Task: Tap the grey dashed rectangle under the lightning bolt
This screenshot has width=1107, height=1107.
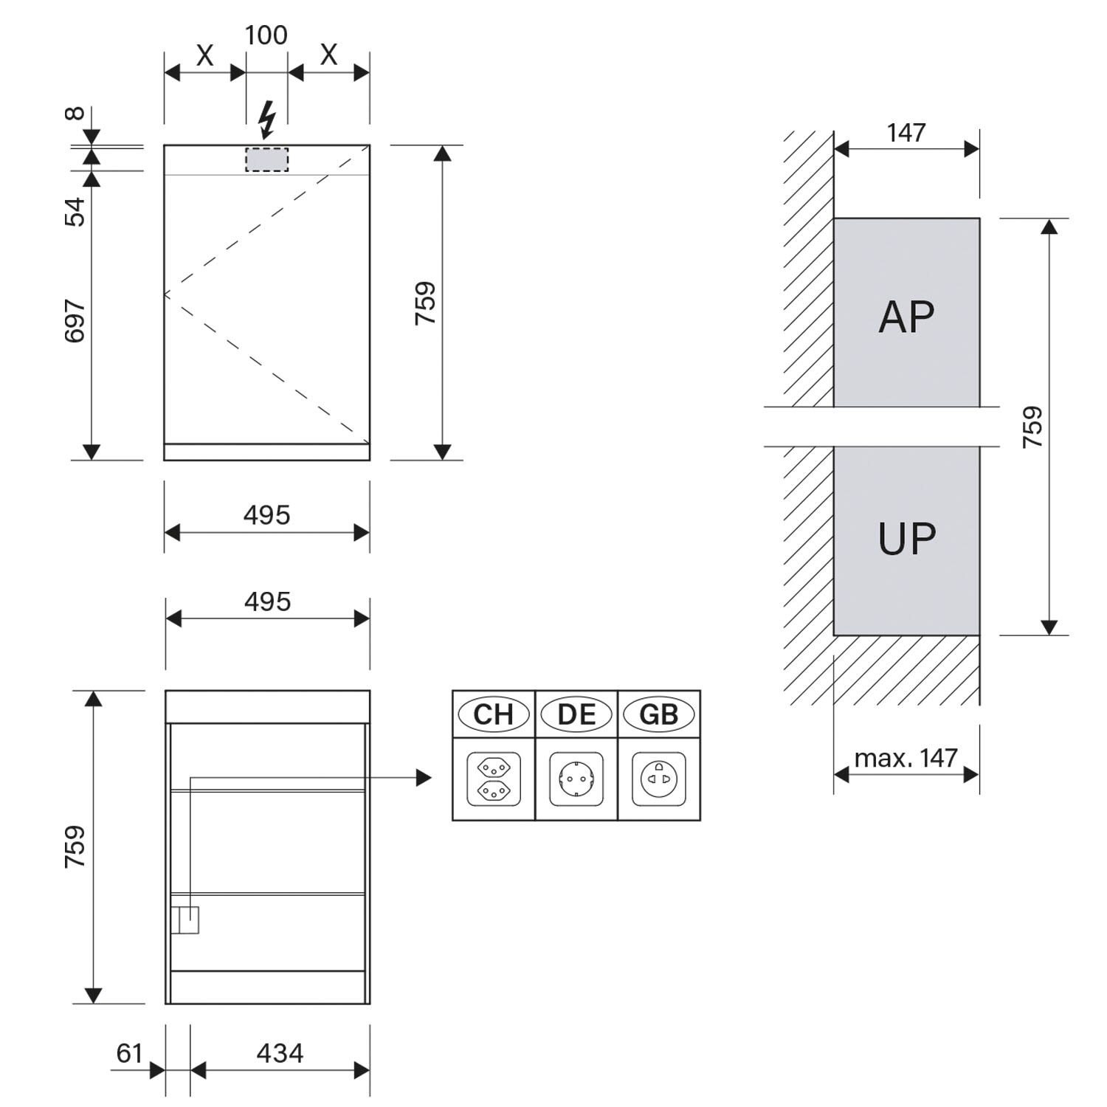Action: point(267,159)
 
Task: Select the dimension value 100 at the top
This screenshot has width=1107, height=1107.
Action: point(266,35)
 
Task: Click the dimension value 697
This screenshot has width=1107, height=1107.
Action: point(75,321)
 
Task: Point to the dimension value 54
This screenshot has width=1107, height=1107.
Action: point(75,212)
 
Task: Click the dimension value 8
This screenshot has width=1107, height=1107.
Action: point(75,114)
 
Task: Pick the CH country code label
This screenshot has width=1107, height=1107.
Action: point(493,714)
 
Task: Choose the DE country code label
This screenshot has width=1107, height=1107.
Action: point(576,714)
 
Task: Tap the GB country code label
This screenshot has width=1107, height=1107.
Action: point(659,714)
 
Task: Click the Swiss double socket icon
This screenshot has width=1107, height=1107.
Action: point(494,779)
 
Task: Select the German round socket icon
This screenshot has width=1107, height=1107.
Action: point(576,779)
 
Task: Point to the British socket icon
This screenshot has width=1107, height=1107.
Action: point(659,779)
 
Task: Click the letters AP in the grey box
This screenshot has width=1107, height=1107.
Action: point(906,317)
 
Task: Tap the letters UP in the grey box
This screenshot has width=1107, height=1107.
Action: point(907,539)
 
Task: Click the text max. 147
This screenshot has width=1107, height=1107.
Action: point(906,758)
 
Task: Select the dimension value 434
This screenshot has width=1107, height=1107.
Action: point(280,1053)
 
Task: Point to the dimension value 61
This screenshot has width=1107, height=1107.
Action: point(129,1053)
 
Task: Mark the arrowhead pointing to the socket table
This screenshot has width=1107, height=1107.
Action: point(424,777)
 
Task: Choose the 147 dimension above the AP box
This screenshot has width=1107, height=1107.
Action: point(906,132)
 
